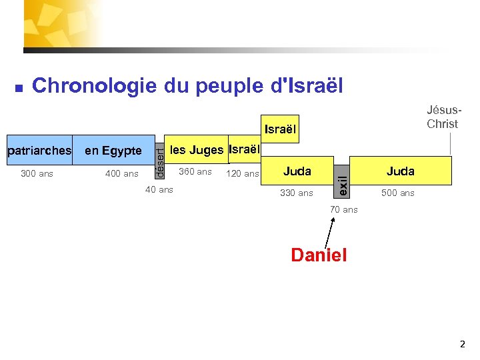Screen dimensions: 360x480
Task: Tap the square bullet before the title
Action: coord(19,87)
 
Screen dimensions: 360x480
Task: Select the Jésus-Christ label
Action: coord(443,117)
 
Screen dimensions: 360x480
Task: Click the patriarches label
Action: coord(39,151)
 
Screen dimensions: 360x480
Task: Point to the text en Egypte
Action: coord(113,151)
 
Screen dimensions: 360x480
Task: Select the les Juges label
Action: coord(196,150)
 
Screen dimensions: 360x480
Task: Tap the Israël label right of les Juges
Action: coord(244,149)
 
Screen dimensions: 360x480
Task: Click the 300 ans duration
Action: coord(37,174)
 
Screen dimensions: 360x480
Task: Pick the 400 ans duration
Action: coord(122,174)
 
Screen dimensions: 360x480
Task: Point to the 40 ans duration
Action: coord(159,190)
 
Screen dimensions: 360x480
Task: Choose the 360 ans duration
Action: coord(195,172)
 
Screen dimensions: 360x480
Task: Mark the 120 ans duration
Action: coord(243,174)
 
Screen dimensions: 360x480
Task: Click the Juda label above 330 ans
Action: coord(297,171)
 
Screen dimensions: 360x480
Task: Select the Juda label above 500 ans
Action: coord(400,171)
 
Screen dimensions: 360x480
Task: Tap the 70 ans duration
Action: coord(343,209)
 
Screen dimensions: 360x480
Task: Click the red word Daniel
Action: coord(319,255)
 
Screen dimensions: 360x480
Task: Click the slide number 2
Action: coord(463,345)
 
